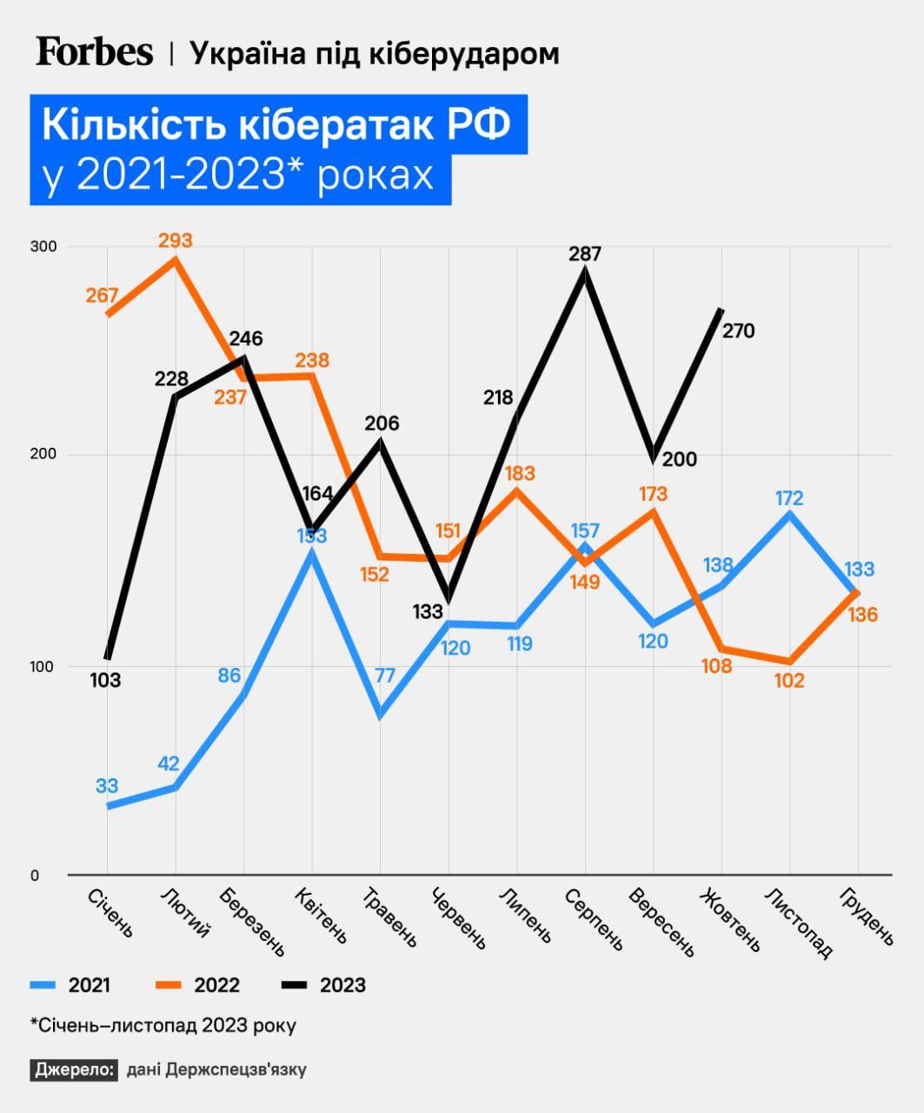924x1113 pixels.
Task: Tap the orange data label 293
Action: pyautogui.click(x=176, y=240)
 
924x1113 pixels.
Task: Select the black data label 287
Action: pyautogui.click(x=585, y=254)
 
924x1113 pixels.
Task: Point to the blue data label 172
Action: pyautogui.click(x=789, y=498)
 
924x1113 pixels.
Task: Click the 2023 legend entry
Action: pyautogui.click(x=325, y=985)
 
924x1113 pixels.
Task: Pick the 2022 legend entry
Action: pyautogui.click(x=198, y=985)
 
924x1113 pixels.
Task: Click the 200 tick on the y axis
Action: pyautogui.click(x=44, y=455)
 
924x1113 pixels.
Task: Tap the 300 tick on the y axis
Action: pyautogui.click(x=44, y=247)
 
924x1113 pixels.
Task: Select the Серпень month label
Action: pyautogui.click(x=595, y=919)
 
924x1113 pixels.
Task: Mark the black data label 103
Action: pyautogui.click(x=105, y=680)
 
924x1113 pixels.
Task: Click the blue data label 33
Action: pyautogui.click(x=106, y=786)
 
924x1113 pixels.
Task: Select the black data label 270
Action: pyautogui.click(x=738, y=330)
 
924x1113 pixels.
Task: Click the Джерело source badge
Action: pyautogui.click(x=74, y=1070)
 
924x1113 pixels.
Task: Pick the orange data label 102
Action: pyautogui.click(x=789, y=681)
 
